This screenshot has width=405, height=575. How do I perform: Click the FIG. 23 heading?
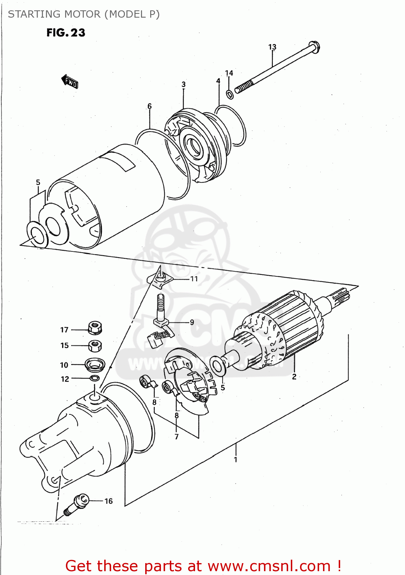[66, 33]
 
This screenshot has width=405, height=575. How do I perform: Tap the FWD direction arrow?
[70, 81]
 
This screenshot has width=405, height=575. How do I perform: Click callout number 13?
[272, 47]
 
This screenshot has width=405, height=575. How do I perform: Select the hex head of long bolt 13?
[314, 47]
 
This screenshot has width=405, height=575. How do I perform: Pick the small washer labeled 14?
[230, 94]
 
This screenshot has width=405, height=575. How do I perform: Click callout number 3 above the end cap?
[184, 84]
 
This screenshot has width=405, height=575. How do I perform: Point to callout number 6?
[149, 106]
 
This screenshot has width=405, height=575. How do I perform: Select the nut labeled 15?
[95, 345]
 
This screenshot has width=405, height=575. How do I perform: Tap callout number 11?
[194, 279]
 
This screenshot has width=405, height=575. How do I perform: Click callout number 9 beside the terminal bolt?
[192, 322]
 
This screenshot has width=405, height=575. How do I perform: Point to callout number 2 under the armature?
[294, 376]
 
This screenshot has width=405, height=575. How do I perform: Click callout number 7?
[176, 436]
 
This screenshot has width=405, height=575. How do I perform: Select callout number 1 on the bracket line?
[236, 459]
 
